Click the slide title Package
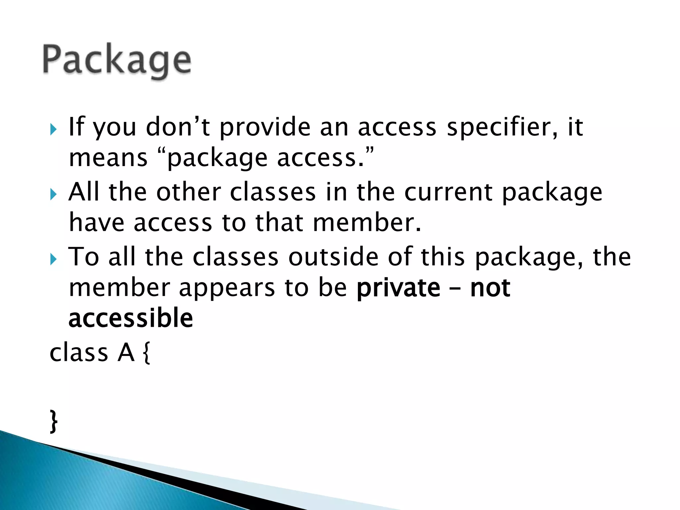click(117, 60)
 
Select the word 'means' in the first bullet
click(108, 158)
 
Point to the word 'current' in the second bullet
click(448, 192)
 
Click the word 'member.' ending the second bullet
click(367, 223)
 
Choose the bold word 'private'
click(398, 288)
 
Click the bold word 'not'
click(490, 288)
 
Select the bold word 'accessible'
click(131, 318)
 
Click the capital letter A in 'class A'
click(126, 353)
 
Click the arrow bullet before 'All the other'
click(54, 194)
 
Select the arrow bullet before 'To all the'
click(54, 259)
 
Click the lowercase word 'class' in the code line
click(79, 353)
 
